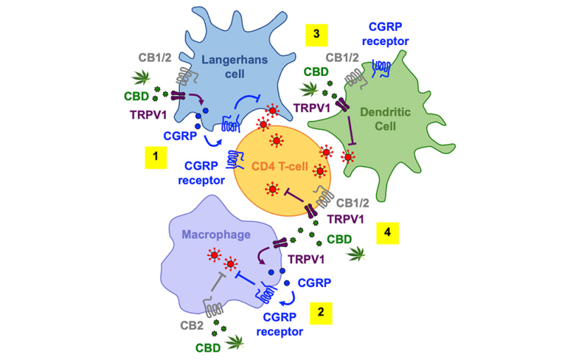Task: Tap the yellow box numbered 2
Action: [x=320, y=310]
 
